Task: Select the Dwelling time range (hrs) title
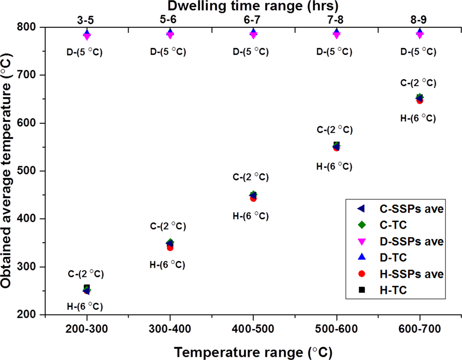point(253,6)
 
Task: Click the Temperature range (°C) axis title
point(253,350)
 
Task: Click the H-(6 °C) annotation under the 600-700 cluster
point(418,118)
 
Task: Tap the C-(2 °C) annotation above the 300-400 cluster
point(168,226)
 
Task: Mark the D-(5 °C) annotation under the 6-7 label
point(251,51)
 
